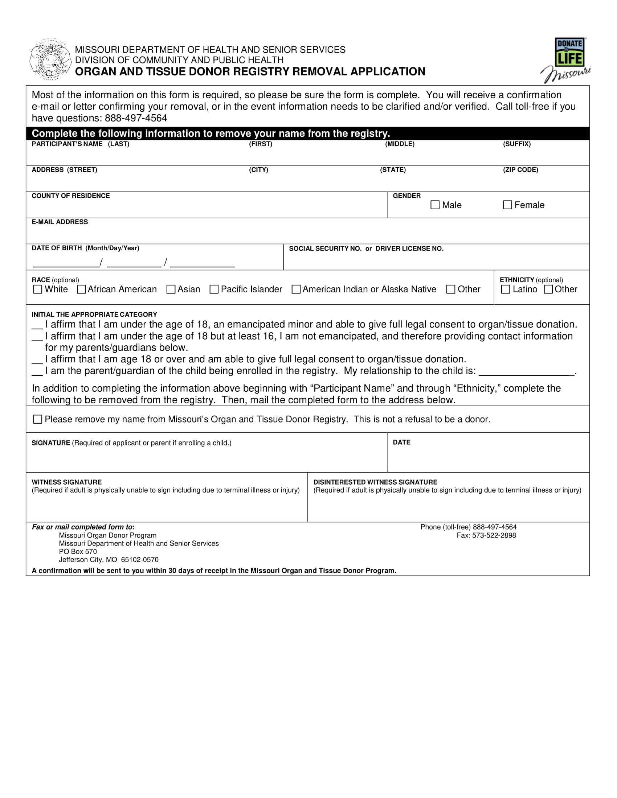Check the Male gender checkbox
[435, 205]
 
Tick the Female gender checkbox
[507, 205]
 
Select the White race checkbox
[37, 289]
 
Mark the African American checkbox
[81, 289]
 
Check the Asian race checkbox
[171, 289]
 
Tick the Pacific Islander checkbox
[214, 289]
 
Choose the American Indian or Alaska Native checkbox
[296, 289]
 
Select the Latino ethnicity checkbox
[506, 289]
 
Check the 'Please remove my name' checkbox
[37, 419]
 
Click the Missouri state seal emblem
[50, 59]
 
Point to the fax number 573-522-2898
[486, 535]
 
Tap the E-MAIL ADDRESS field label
[60, 222]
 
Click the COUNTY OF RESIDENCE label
[70, 196]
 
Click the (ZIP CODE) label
[520, 170]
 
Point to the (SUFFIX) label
[516, 144]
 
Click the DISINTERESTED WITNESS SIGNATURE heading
[375, 482]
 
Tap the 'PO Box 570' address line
[78, 551]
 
